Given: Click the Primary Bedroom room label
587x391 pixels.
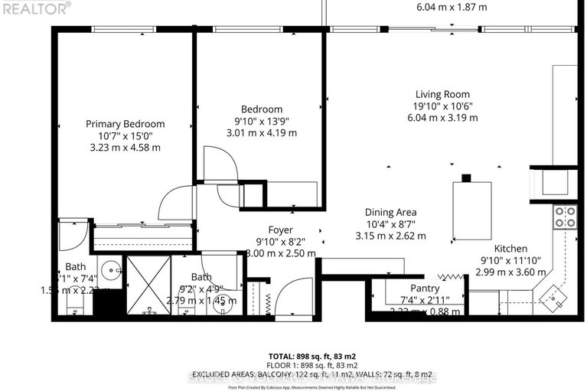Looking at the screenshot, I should pos(125,124).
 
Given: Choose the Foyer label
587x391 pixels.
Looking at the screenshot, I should pos(279,230).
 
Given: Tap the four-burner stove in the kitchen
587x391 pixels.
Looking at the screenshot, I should pos(565,217).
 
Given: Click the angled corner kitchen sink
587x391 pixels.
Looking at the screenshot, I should pos(553,292).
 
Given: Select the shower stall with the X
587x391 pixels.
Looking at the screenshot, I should pos(146,285).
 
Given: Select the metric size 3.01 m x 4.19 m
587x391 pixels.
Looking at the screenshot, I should pos(263,133).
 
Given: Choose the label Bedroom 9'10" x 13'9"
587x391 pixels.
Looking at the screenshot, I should pos(263,115).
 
